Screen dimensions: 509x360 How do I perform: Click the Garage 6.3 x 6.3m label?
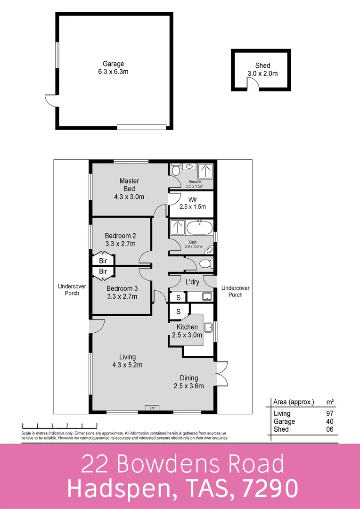click(x=113, y=68)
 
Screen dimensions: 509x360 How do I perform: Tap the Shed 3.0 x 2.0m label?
click(x=262, y=69)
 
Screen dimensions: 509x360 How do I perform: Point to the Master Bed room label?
click(x=129, y=189)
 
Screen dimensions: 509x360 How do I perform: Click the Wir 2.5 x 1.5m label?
click(x=192, y=203)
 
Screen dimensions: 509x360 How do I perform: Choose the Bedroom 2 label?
click(x=120, y=239)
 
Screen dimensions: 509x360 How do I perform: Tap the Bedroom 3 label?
click(x=122, y=292)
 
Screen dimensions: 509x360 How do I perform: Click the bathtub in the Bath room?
click(x=200, y=229)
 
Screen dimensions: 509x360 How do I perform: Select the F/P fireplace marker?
click(x=152, y=407)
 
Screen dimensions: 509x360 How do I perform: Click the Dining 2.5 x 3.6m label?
click(x=188, y=382)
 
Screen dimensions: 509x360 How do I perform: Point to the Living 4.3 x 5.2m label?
click(x=127, y=361)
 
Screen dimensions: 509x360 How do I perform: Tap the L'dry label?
click(x=192, y=282)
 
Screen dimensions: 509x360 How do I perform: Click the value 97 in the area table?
click(x=330, y=413)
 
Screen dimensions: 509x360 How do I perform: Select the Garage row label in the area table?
click(x=284, y=421)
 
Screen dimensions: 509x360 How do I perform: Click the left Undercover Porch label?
click(x=68, y=289)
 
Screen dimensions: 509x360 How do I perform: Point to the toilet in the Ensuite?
click(x=175, y=170)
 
